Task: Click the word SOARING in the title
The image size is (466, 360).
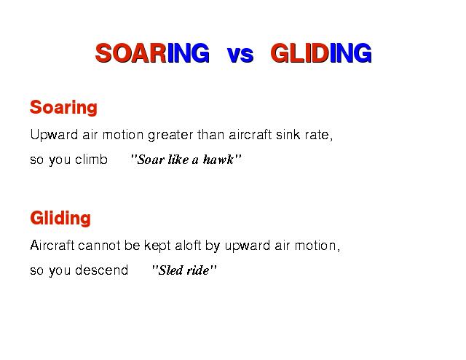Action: [x=152, y=53]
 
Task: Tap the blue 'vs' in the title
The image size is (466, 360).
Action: [x=240, y=55]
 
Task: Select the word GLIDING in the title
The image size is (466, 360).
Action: [x=321, y=53]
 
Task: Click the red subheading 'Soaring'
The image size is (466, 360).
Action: [x=63, y=108]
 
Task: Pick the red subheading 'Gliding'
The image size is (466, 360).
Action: [x=60, y=219]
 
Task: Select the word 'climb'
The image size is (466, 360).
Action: [x=91, y=160]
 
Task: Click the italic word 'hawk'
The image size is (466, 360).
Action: [x=218, y=160]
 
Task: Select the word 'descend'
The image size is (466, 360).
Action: [x=102, y=270]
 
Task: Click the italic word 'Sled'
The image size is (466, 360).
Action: [x=170, y=270]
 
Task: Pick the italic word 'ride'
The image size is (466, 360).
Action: [x=197, y=270]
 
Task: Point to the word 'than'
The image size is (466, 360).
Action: [x=210, y=135]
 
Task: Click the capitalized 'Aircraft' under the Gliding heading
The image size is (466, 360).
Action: [x=52, y=246]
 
